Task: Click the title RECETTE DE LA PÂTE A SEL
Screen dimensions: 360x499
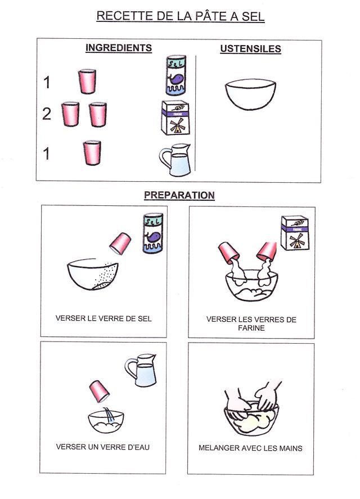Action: coord(180,16)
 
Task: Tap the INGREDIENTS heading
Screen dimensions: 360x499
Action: coord(119,48)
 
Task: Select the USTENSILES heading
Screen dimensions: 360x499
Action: coord(250,49)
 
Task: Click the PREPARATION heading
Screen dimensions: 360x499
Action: coord(179,195)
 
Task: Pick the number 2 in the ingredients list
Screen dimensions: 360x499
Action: coord(47,114)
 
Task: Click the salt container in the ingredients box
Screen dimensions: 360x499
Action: coord(175,75)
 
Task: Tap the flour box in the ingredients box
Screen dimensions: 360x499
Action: coord(175,118)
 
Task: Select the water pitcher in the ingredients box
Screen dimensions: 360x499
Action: coord(175,160)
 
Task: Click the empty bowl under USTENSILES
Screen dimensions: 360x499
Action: coord(250,95)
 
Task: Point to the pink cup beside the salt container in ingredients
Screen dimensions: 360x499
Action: coord(87,82)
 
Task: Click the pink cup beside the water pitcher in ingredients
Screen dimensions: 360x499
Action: coord(92,153)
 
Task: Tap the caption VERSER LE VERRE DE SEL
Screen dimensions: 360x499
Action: coord(103,318)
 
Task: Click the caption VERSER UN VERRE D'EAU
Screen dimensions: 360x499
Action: coord(102,447)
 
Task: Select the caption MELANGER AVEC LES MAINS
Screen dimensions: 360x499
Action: coord(250,448)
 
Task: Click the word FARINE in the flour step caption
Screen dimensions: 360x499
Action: coord(251,328)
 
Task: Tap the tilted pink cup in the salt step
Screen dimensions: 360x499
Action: coord(120,244)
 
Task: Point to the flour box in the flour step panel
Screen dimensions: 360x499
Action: coord(295,233)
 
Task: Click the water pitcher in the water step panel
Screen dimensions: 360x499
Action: coord(141,370)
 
